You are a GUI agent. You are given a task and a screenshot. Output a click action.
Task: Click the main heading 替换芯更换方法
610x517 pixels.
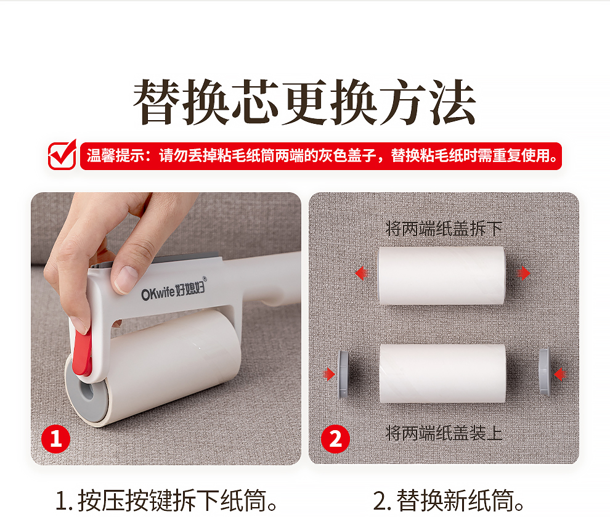(304, 102)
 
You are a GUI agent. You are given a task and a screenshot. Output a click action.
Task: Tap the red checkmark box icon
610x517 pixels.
(62, 155)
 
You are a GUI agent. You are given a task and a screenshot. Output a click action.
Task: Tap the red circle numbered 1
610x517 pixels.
(56, 439)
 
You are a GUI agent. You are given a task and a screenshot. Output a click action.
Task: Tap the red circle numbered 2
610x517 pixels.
(335, 439)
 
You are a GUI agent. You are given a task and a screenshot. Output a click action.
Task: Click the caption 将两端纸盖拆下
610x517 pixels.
(444, 229)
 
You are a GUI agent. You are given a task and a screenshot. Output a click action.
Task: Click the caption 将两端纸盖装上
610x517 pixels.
(444, 433)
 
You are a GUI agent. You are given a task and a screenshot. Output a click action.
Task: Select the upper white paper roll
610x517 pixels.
(442, 275)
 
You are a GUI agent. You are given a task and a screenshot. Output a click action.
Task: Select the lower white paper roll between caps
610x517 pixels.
(443, 373)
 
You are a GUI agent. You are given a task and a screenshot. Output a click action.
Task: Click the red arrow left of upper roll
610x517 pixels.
(362, 273)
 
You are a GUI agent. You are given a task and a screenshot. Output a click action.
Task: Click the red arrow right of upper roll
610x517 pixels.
(524, 273)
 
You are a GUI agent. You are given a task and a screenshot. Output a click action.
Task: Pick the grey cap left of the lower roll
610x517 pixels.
(344, 375)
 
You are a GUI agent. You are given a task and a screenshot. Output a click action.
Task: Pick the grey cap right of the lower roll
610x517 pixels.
(545, 372)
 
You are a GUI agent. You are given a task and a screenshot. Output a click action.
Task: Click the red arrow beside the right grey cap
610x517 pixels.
(560, 375)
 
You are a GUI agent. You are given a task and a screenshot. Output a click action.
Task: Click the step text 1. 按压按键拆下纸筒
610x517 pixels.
(166, 500)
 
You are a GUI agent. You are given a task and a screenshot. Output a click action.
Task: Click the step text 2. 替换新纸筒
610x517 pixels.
(449, 500)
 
